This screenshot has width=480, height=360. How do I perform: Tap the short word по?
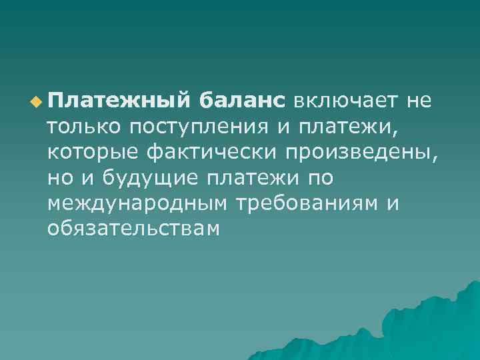pyautogui.click(x=320, y=178)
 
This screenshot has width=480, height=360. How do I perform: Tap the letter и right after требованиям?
pyautogui.click(x=393, y=204)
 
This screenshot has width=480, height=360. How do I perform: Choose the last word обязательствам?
pyautogui.click(x=133, y=229)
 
